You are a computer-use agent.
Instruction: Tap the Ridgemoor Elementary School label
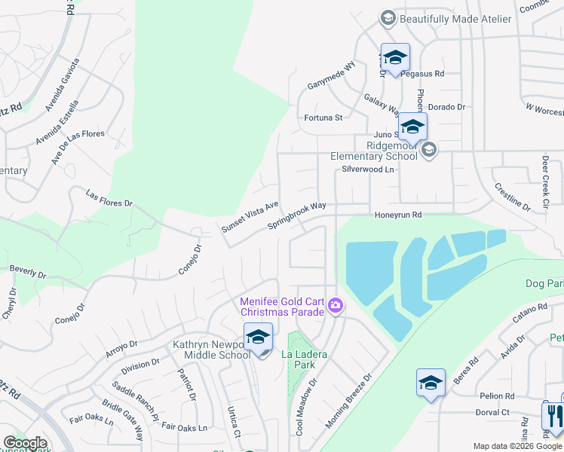pyautogui.click(x=374, y=151)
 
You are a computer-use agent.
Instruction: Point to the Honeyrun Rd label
pyautogui.click(x=397, y=215)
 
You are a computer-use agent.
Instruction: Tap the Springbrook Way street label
pyautogui.click(x=297, y=216)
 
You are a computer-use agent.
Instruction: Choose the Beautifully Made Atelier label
pyautogui.click(x=455, y=18)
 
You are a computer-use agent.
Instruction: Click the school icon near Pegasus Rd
pyautogui.click(x=395, y=57)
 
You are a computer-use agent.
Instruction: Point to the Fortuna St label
pyautogui.click(x=323, y=118)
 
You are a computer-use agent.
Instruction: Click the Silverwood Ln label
pyautogui.click(x=369, y=170)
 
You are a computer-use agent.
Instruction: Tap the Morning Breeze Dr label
pyautogui.click(x=349, y=400)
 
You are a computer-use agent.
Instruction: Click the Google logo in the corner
pyautogui.click(x=25, y=443)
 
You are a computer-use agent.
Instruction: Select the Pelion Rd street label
pyautogui.click(x=496, y=396)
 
